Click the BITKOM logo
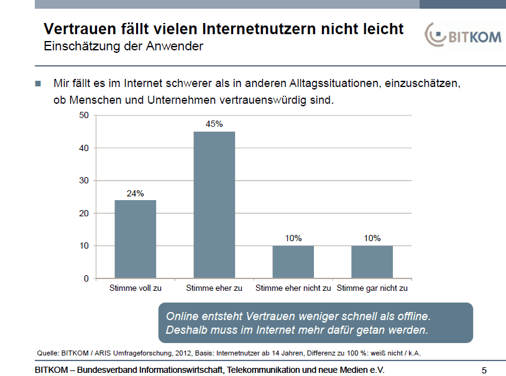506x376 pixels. click(x=463, y=36)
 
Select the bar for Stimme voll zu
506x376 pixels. click(x=135, y=239)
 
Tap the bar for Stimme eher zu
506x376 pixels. click(x=214, y=205)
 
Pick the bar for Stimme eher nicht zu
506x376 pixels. click(x=293, y=262)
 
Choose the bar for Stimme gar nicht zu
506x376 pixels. click(x=372, y=262)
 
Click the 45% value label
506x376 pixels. click(x=214, y=124)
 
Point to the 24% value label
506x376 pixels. click(x=135, y=193)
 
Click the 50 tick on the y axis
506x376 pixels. click(x=84, y=115)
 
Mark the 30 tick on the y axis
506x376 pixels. click(x=84, y=180)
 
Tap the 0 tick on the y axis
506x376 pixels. click(x=86, y=278)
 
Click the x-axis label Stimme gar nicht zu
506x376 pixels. click(x=372, y=288)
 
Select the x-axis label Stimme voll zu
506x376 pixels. click(x=135, y=288)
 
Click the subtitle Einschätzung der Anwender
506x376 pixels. click(x=122, y=46)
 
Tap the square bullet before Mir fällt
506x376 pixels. click(x=38, y=82)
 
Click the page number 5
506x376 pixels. click(x=484, y=370)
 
